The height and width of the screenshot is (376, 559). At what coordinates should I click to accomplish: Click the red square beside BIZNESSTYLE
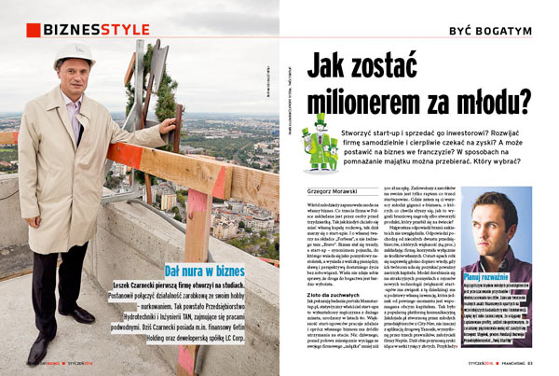pyautogui.click(x=33, y=30)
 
